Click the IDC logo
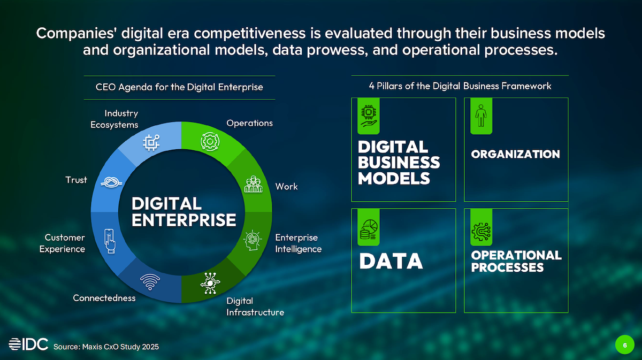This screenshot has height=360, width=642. (28, 344)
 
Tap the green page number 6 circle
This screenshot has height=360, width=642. (625, 345)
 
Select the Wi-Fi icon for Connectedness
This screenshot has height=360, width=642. (150, 282)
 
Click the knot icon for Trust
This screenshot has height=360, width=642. (111, 182)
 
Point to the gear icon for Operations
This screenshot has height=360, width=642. (210, 141)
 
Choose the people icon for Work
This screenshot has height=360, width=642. (254, 184)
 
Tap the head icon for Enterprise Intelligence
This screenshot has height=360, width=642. (253, 240)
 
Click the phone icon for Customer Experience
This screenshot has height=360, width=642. (110, 241)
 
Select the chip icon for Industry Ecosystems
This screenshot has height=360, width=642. (151, 142)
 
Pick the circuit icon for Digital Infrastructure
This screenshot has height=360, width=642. (210, 283)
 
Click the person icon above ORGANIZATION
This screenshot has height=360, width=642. (481, 116)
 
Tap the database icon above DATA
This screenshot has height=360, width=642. (369, 229)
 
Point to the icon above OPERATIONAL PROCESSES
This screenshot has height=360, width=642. (481, 232)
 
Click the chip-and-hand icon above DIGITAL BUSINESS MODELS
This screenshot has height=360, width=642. (369, 116)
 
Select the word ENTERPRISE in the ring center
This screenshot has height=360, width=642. (184, 220)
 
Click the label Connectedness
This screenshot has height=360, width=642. (104, 298)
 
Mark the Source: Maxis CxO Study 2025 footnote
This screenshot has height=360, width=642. (106, 347)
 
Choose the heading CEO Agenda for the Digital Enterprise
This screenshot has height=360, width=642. (179, 87)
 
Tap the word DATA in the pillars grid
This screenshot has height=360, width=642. (391, 261)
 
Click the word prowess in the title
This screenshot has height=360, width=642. (337, 50)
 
